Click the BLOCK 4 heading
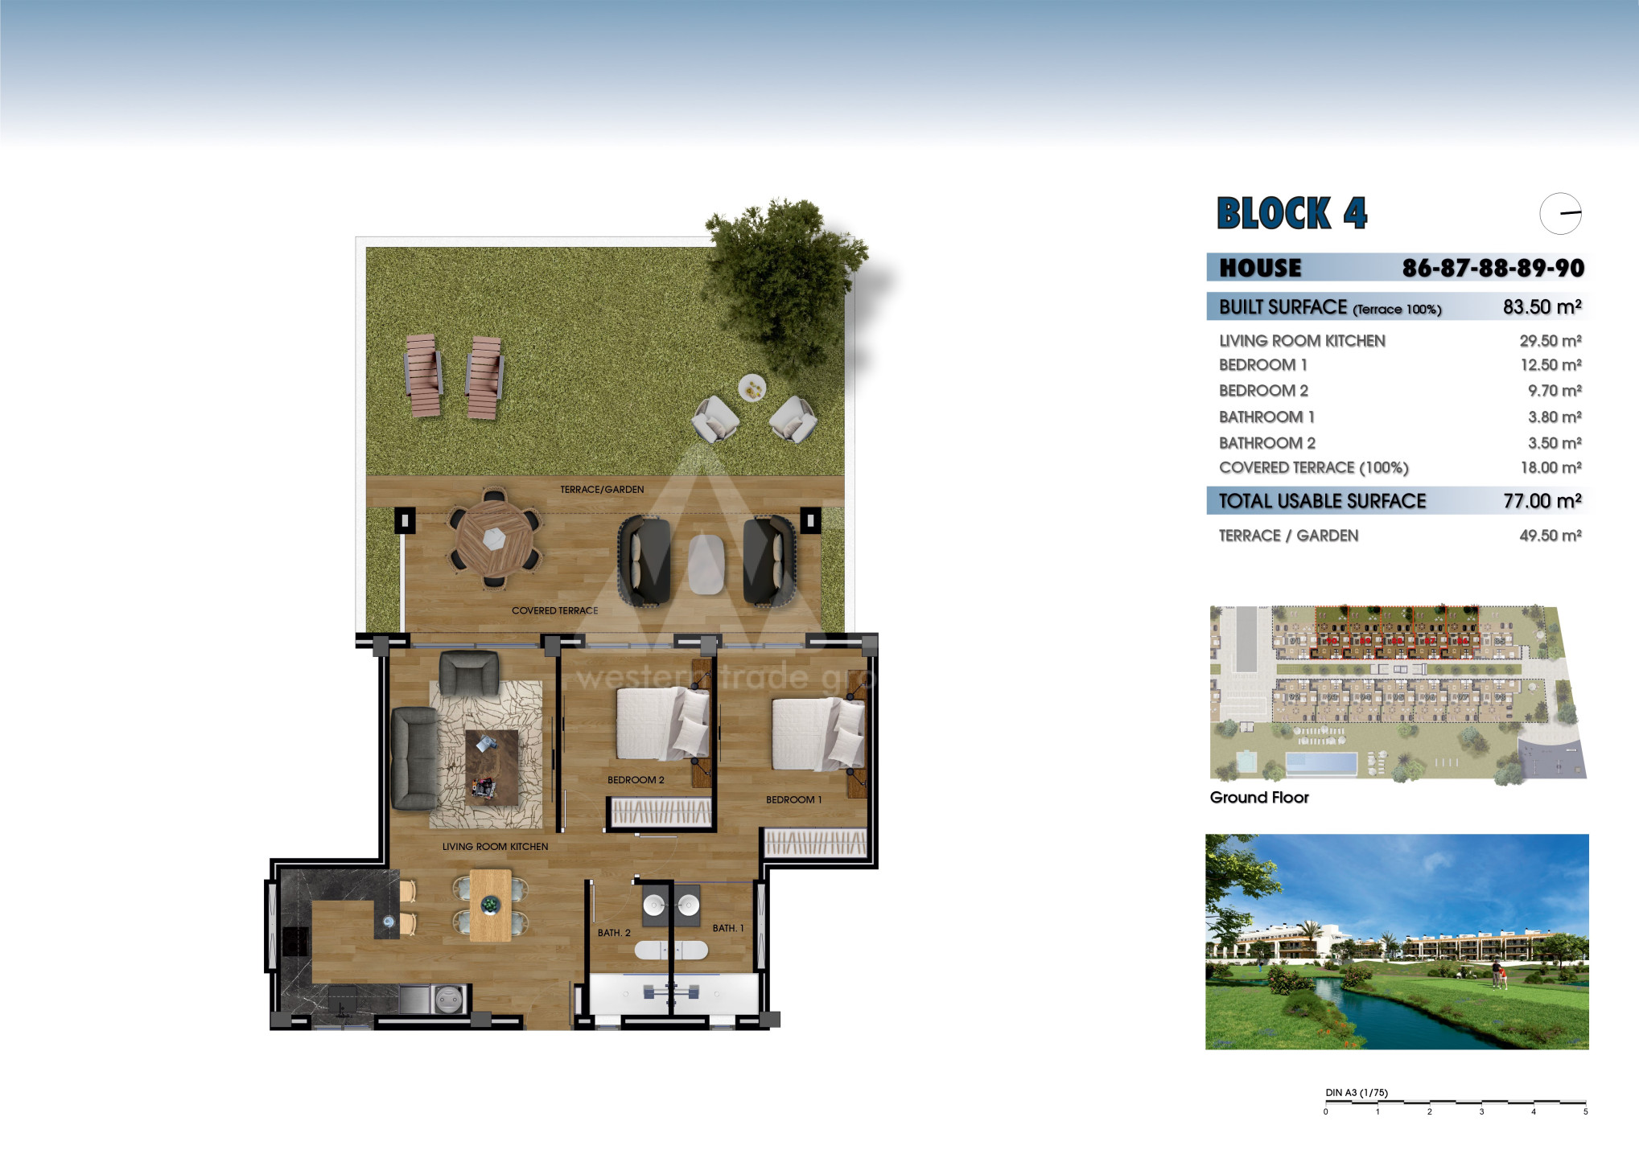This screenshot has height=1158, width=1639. coord(1291,213)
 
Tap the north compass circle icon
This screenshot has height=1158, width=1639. coord(1561,214)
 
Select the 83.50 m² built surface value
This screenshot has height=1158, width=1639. coord(1542,306)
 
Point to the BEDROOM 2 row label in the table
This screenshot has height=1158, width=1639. coord(1263,391)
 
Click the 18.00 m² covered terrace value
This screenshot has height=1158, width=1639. coord(1550,467)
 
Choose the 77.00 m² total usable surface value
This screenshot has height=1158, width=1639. coord(1542,501)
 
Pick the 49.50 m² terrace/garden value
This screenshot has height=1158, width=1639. coord(1550,536)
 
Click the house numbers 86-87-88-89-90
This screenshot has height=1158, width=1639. coord(1493,268)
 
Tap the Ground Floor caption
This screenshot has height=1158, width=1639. coord(1259,797)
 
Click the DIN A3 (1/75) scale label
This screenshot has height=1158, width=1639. coord(1357,1093)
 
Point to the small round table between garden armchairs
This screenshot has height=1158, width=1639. coord(752,388)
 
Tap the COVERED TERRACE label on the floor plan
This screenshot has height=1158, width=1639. coord(555,611)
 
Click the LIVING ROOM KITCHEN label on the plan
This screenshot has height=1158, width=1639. coord(495,847)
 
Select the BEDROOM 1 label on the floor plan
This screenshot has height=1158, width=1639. coord(793,800)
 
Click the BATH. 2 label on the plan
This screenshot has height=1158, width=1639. coord(614,933)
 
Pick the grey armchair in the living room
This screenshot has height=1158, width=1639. coord(468,672)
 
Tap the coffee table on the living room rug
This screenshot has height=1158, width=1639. coord(492,767)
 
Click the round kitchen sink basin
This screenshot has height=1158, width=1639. coord(447,1000)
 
